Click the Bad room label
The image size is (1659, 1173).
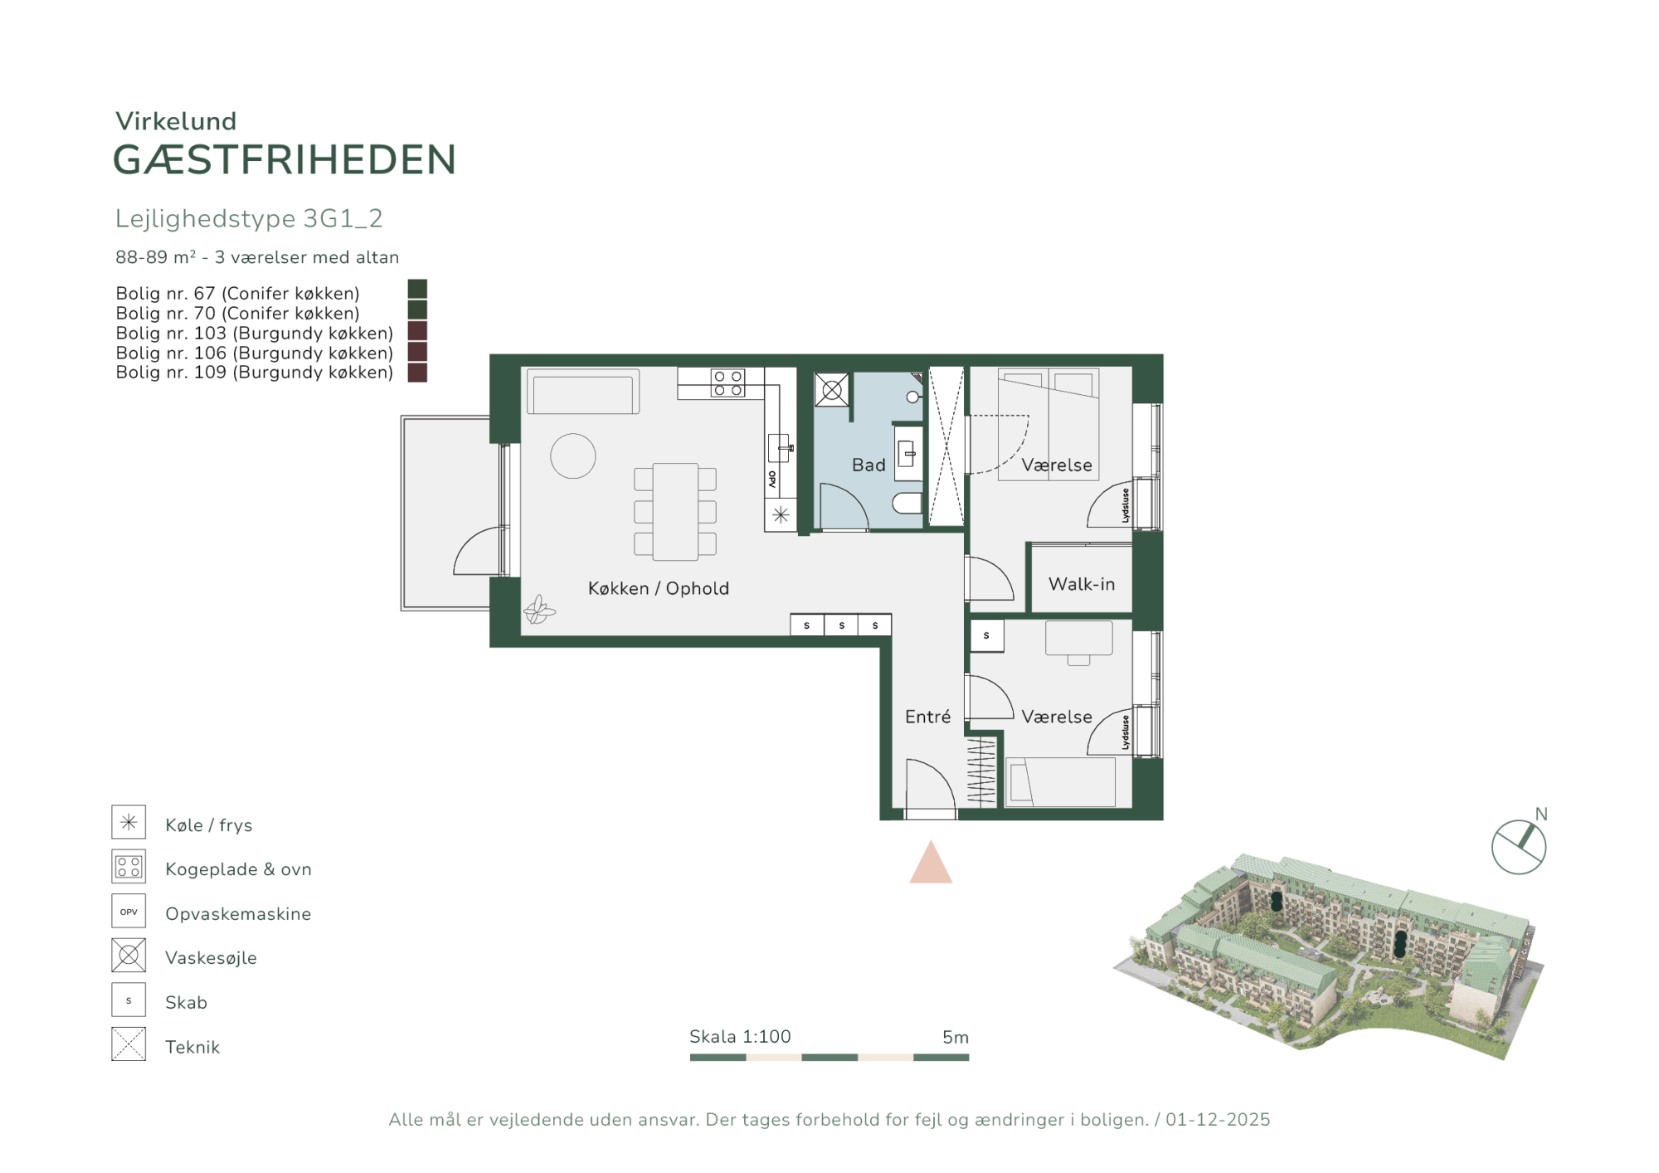coord(868,465)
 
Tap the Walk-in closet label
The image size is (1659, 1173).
coord(1082,584)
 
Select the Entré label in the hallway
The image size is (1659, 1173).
coord(927,717)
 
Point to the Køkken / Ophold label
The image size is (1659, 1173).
coord(659,588)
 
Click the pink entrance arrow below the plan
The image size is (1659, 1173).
coord(931,863)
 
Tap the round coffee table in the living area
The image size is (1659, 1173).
coord(573,456)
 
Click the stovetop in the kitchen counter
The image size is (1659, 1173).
coord(727,383)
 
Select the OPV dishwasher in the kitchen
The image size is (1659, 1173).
coord(773,480)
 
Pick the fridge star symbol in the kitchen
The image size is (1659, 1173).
coord(781,515)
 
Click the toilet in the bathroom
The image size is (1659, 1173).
coord(907,503)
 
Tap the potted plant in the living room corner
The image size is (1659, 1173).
coord(539,610)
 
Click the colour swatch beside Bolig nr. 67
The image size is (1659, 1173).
coord(417,289)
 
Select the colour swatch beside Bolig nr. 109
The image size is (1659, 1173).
coord(417,372)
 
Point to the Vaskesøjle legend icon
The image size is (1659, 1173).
coord(129,956)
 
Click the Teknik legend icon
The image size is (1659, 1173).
coord(129,1044)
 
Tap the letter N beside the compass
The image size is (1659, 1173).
coord(1541,814)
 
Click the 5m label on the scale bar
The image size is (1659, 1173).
coord(956,1037)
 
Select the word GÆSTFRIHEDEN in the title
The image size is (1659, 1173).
coord(285,160)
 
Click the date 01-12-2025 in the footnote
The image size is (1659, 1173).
coord(1218,1120)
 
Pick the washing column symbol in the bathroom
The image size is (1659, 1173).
coord(832,389)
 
